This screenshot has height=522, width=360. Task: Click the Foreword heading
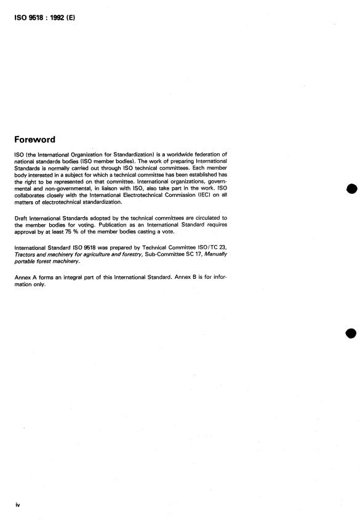(39, 139)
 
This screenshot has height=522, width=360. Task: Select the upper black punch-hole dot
(351, 189)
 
